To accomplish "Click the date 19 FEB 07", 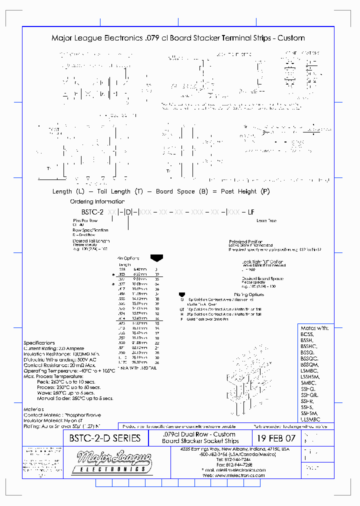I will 275,438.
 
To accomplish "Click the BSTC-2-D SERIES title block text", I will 101,439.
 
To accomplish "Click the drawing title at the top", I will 178,38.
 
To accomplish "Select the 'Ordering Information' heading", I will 97,201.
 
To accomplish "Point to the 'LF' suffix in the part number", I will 251,212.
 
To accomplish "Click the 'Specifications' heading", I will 39,342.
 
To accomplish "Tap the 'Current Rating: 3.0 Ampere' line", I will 54,348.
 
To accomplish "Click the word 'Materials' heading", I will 34,409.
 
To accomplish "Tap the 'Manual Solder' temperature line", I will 75,398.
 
